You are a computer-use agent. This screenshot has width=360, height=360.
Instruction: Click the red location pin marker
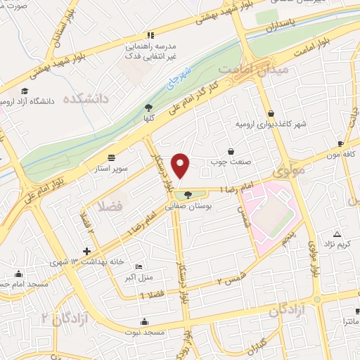click(181, 166)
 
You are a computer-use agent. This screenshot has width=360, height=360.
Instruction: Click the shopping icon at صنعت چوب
click(231, 151)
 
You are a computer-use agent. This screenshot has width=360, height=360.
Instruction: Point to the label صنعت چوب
click(226, 163)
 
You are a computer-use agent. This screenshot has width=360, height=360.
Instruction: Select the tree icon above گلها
click(148, 108)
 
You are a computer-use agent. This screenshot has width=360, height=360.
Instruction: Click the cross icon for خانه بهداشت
click(87, 251)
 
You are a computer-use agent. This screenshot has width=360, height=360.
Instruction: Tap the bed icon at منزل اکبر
click(139, 267)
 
